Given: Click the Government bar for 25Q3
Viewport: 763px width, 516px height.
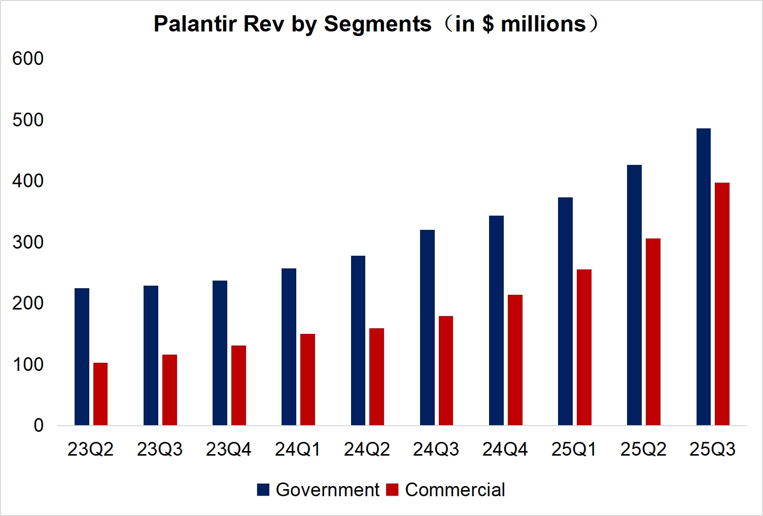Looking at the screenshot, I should tap(703, 277).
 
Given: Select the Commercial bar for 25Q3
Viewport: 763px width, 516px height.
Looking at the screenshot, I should tap(722, 304).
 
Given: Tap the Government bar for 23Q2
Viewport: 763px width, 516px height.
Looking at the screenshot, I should tap(82, 357).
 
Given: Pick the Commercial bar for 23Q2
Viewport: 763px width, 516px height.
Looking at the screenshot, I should tap(100, 394).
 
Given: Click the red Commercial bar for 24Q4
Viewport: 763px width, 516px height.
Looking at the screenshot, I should tap(515, 360).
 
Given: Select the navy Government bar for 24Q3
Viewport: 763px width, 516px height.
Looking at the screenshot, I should tap(427, 327).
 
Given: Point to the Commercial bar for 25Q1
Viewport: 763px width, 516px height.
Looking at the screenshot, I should tap(584, 347).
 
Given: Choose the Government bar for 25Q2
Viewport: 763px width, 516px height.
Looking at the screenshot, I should tap(634, 295).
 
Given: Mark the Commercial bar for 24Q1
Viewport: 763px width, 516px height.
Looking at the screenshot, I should tap(307, 380).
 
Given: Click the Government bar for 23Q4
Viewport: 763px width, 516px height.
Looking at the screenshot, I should tap(220, 353).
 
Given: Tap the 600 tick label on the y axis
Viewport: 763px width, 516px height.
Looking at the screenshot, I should tap(28, 59).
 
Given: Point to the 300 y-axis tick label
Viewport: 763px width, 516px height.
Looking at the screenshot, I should tap(28, 242).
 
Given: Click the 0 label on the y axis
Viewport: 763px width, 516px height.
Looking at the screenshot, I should tap(39, 426).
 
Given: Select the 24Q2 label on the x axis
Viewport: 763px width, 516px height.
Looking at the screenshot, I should tap(367, 450).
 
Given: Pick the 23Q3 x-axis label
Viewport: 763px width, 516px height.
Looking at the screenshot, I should tap(160, 450).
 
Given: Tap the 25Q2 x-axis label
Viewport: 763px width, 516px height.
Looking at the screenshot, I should tap(643, 450).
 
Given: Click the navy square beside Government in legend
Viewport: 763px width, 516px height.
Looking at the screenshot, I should tap(263, 490).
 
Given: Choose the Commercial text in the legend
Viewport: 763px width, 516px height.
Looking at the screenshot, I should tap(455, 490).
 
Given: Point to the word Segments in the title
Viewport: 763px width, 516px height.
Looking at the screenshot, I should tap(377, 24).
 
